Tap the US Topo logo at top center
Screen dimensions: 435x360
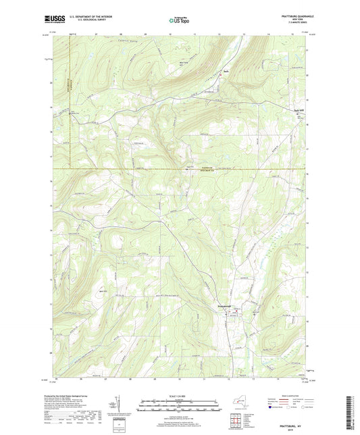[x=178, y=22]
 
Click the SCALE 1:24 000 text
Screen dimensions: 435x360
[x=179, y=396]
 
